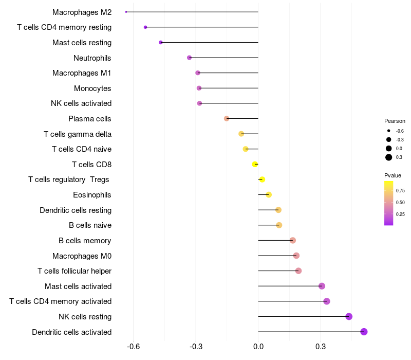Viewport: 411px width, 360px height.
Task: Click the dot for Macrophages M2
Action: pyautogui.click(x=126, y=12)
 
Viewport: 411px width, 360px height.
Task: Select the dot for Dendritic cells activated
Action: pyautogui.click(x=364, y=332)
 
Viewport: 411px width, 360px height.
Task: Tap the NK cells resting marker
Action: pyautogui.click(x=349, y=317)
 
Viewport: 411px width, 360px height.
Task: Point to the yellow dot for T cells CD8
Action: pyautogui.click(x=255, y=165)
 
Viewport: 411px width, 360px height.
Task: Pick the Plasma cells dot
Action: pyautogui.click(x=227, y=119)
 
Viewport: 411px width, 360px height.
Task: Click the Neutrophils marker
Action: pyautogui.click(x=189, y=58)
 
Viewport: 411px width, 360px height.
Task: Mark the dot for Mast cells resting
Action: pyautogui.click(x=161, y=43)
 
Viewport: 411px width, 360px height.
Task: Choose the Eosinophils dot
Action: pyautogui.click(x=269, y=195)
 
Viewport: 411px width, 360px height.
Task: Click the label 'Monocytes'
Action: pyautogui.click(x=92, y=88)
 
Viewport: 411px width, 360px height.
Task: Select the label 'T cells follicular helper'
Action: pyautogui.click(x=74, y=271)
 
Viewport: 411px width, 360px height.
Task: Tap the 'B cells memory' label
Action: pyautogui.click(x=85, y=241)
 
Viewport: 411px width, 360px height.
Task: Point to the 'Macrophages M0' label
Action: pyautogui.click(x=82, y=256)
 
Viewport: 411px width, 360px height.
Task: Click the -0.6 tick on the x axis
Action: pyautogui.click(x=134, y=346)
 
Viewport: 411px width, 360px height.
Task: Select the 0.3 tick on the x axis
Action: pyautogui.click(x=321, y=346)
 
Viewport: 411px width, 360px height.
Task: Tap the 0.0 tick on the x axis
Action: pyautogui.click(x=258, y=346)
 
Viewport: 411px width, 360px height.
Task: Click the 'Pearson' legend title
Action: pyautogui.click(x=395, y=121)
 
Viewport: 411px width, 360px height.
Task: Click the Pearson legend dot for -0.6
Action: pyautogui.click(x=389, y=131)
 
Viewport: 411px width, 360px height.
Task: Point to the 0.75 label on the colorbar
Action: pyautogui.click(x=401, y=191)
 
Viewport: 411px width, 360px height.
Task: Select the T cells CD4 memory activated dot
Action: pyautogui.click(x=326, y=301)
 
